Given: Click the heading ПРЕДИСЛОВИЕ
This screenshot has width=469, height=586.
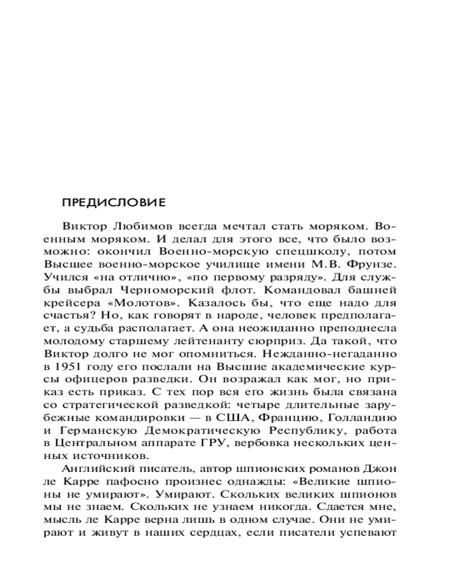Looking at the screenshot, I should pos(114,202).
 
